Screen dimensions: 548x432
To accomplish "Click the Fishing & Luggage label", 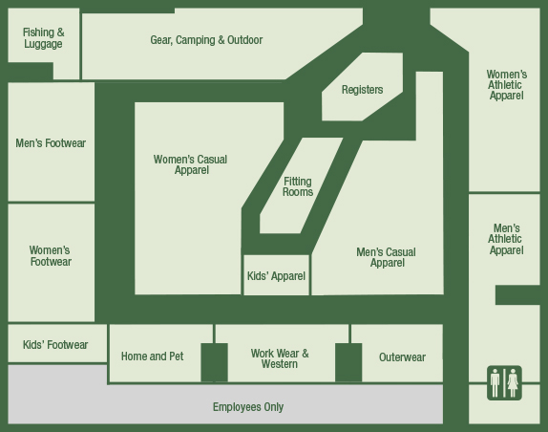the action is coord(43,38).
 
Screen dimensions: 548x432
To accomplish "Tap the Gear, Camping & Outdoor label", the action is coord(206,40).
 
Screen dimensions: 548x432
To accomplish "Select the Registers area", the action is coord(362,87).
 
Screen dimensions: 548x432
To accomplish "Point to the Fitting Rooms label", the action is coord(298,186).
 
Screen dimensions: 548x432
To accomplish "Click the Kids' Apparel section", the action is coord(277,275).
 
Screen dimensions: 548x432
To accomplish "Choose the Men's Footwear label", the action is coord(51,143).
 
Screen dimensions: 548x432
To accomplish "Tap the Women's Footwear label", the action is coord(51,256).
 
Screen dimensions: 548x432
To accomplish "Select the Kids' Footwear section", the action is coord(57,343).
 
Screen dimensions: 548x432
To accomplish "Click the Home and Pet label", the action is coord(153,356).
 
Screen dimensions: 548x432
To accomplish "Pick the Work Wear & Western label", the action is coord(280,358).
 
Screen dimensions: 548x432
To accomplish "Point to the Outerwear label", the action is coord(402,357).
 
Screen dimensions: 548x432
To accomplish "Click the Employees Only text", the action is coord(248,407).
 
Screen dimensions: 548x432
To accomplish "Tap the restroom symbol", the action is coord(504,383).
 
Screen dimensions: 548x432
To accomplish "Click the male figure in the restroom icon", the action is coord(495,383).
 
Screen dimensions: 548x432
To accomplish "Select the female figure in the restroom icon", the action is coord(513,383).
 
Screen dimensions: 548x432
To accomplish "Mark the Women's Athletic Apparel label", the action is coord(506,85).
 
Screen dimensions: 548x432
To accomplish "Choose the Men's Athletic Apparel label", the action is coord(506,239).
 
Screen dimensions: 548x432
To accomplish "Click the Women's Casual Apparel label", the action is coord(191,164).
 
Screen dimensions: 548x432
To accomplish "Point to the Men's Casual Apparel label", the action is coord(387,257).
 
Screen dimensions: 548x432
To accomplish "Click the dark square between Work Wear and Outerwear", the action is coord(348,362).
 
